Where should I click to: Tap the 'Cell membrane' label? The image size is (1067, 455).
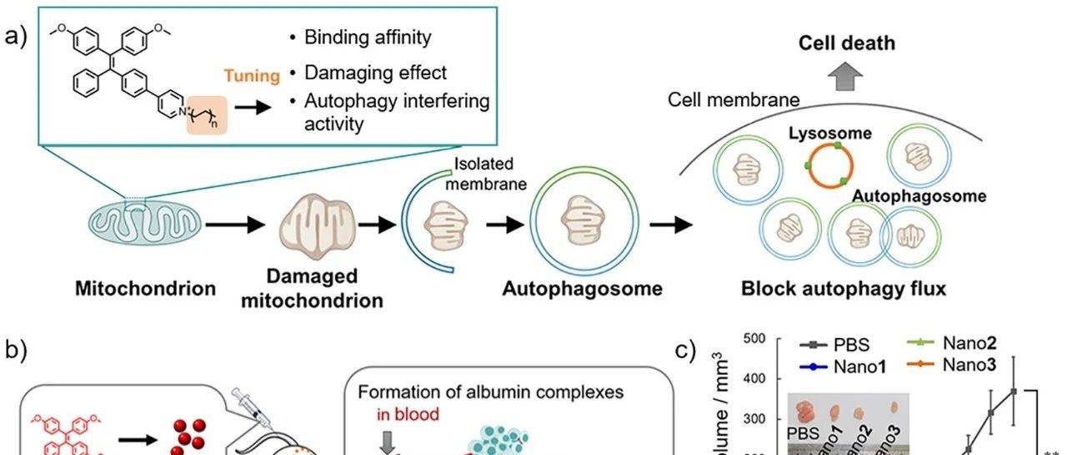click(x=734, y=100)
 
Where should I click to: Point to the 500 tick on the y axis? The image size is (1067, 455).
click(x=755, y=339)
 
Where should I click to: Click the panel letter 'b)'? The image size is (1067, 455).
click(x=18, y=351)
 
